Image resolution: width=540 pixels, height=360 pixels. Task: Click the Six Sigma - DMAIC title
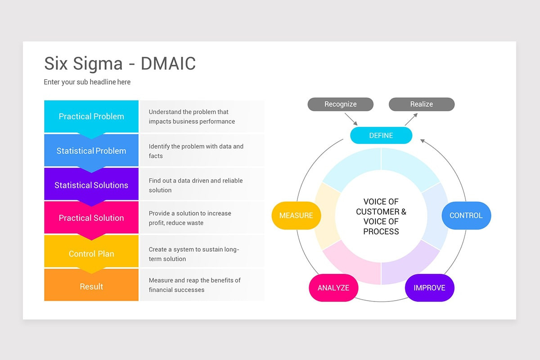click(x=120, y=63)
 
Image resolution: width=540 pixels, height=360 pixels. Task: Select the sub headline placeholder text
click(x=87, y=82)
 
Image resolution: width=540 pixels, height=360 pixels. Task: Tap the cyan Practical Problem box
click(x=91, y=116)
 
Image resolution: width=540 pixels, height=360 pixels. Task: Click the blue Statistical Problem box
click(x=91, y=151)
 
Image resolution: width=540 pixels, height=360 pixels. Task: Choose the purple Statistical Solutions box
click(x=91, y=185)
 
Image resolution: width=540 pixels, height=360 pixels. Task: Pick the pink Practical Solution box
click(x=91, y=218)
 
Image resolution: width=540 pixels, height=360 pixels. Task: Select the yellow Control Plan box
click(x=91, y=254)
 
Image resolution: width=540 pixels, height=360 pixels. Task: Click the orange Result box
click(x=91, y=286)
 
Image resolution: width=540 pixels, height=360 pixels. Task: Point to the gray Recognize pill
click(x=340, y=104)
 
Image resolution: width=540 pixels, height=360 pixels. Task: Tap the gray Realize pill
click(x=421, y=104)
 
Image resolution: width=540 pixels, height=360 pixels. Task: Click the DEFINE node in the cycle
click(x=381, y=135)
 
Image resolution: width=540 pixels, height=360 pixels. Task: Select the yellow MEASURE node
click(x=296, y=216)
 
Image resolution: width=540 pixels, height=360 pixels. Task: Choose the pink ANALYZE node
click(x=333, y=288)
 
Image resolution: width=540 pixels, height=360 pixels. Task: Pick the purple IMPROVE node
click(x=429, y=288)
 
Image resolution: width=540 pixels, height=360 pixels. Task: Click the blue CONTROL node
click(x=466, y=216)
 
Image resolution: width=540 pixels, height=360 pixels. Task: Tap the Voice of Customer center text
click(x=381, y=216)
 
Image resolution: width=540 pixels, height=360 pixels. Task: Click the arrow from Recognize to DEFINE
click(x=351, y=119)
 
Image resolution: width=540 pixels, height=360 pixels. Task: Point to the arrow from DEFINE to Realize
click(x=411, y=119)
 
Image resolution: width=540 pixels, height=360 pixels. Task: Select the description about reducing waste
click(x=189, y=218)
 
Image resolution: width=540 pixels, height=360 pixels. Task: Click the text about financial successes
click(x=194, y=285)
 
